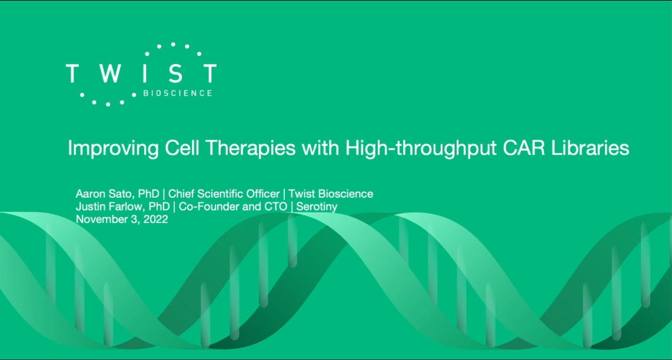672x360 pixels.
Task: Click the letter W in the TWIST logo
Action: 111,74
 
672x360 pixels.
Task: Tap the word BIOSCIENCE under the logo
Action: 178,93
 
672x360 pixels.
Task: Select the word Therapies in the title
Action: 251,149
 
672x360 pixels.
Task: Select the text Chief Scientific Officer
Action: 224,194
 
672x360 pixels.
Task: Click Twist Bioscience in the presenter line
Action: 331,194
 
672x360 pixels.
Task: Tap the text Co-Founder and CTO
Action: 232,206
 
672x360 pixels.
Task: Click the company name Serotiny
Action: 317,206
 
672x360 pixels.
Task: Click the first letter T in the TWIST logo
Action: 72,74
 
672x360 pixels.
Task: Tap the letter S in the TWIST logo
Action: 176,74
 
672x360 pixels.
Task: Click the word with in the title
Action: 321,148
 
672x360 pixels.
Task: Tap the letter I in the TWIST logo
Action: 146,74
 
